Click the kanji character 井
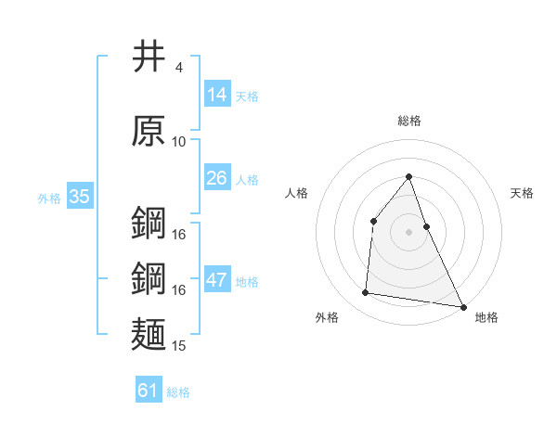149,58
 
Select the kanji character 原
149,131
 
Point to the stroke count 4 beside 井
178,68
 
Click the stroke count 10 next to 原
179,141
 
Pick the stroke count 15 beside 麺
179,346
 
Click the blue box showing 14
217,95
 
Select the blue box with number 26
217,178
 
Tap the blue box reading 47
217,281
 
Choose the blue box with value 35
80,197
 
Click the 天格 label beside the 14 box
247,96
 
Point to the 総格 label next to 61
178,392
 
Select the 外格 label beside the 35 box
49,199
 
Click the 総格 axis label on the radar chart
409,121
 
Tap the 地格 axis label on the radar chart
486,317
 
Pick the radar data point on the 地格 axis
463,306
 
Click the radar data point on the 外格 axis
366,293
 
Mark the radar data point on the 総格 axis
409,176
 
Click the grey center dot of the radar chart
409,232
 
